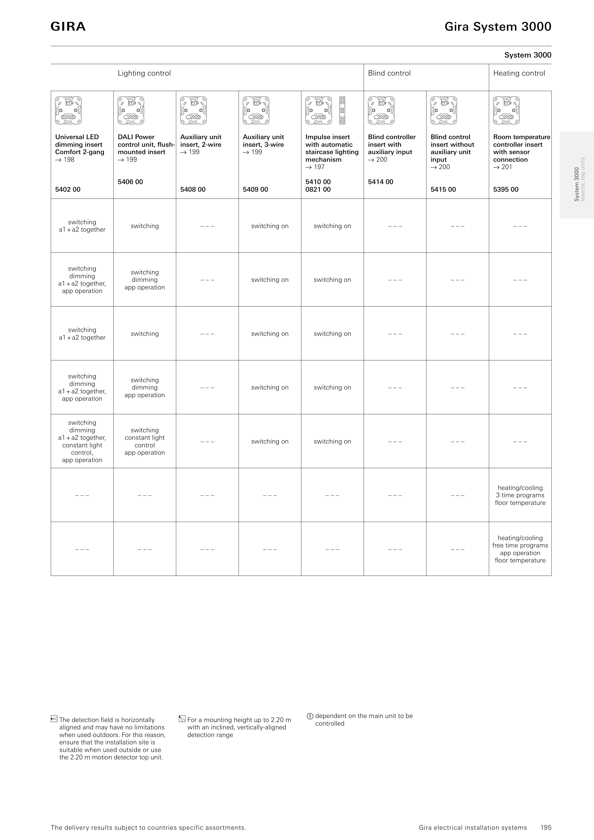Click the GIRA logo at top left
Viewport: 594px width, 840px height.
click(68, 27)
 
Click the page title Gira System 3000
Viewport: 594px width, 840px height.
click(497, 27)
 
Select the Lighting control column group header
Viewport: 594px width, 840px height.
click(144, 73)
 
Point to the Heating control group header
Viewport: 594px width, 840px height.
click(519, 73)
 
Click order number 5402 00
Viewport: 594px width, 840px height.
click(68, 190)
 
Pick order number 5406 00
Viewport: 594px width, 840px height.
click(130, 182)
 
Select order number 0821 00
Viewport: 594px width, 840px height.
click(318, 190)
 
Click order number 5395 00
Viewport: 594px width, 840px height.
click(506, 190)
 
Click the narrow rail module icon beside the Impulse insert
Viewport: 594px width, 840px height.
click(342, 111)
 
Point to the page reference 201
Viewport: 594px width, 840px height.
click(503, 167)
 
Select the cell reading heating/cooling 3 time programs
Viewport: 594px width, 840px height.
click(520, 495)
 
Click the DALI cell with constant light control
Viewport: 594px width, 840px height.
click(145, 441)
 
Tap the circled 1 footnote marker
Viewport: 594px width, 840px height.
click(310, 716)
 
